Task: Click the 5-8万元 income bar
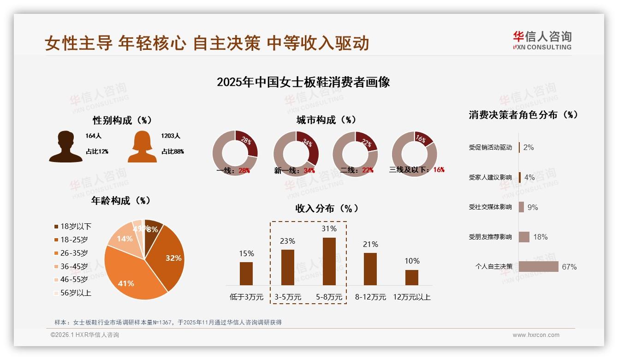coord(329,261)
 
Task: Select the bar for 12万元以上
coord(411,277)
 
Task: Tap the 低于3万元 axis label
coord(246,297)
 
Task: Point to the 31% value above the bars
coord(329,228)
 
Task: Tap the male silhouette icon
coord(65,147)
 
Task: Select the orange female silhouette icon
coord(142,147)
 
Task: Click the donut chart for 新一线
coord(296,154)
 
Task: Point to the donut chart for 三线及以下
coord(414,154)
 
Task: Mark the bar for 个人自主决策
coord(538,267)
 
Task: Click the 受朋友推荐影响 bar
coord(524,237)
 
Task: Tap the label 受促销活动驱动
coord(490,148)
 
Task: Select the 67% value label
coord(569,267)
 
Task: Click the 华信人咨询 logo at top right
coord(542,41)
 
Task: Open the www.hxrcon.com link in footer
coord(536,335)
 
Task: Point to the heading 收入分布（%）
coord(327,208)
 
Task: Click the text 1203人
coord(171,136)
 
